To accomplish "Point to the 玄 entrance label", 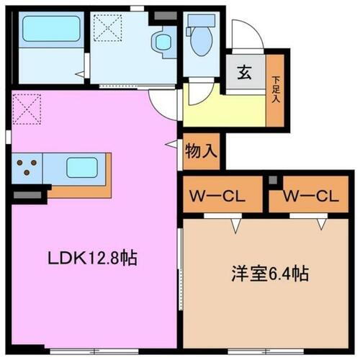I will coord(244,73).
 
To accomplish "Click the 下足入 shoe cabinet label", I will coord(275,90).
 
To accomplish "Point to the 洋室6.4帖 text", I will coord(269,274).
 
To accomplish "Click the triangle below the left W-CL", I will coord(235,224).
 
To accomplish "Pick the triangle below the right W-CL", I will coord(321,224).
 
